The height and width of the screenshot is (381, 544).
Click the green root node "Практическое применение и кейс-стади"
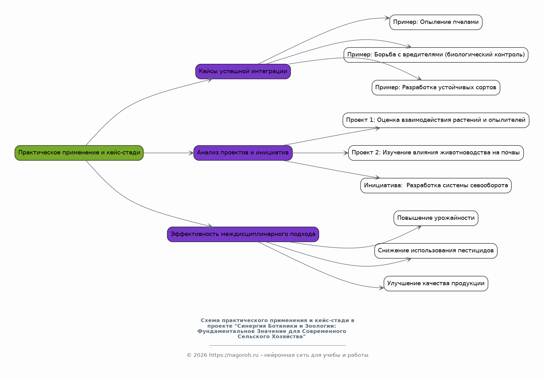79,153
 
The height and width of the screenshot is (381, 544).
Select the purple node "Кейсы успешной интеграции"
243,72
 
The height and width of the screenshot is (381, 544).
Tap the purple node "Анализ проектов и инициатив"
243,153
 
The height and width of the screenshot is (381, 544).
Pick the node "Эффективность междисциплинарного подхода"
243,234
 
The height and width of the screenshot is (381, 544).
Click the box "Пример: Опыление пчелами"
436,22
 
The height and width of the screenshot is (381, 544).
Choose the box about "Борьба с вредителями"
436,55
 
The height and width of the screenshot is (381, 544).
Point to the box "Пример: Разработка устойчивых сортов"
436,88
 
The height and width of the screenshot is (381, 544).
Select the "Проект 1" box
436,120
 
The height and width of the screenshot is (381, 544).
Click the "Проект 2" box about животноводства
436,153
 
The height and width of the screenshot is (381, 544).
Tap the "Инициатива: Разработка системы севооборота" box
436,186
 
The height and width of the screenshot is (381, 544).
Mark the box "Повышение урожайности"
436,218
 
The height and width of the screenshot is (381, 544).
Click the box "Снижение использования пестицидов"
436,251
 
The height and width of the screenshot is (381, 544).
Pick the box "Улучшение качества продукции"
436,284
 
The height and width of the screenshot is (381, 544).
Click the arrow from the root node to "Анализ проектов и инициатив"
169,153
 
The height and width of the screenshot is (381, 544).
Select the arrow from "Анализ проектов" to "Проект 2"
320,153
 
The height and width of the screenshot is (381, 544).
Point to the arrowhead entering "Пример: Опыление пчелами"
387,18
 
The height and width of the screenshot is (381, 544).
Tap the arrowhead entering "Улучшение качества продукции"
381,288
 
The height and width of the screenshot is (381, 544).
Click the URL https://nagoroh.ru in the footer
234,355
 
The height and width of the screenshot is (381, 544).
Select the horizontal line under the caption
278,345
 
